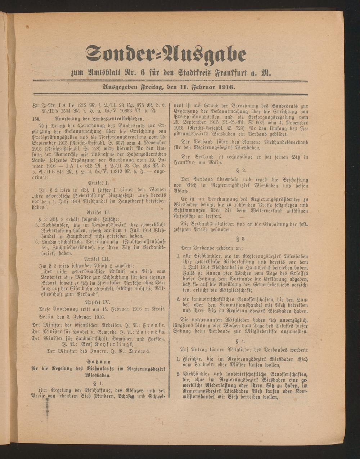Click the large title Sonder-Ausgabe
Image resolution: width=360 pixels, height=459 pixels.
[166, 54]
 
